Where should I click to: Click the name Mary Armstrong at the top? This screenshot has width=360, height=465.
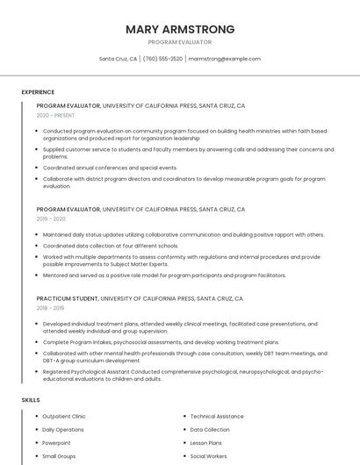[x=180, y=29]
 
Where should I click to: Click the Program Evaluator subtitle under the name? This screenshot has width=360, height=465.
[x=180, y=42]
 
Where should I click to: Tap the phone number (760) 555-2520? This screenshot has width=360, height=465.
[x=162, y=59]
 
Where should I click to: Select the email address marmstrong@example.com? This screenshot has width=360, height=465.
[x=224, y=59]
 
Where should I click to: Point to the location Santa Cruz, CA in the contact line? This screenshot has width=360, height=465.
[x=118, y=59]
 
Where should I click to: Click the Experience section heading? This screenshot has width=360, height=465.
[x=38, y=92]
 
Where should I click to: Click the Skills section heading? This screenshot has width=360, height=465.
[x=31, y=400]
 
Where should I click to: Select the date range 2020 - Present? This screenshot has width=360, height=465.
[x=56, y=115]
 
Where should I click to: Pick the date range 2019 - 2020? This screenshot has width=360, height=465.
[x=52, y=219]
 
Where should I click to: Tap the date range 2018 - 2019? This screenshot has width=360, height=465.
[x=52, y=308]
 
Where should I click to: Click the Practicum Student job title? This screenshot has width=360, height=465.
[x=68, y=298]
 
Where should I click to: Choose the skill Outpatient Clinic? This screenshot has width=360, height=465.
[x=64, y=417]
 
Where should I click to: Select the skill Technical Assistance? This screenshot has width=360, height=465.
[x=217, y=417]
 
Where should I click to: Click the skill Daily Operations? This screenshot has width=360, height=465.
[x=63, y=430]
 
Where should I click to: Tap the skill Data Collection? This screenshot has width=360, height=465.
[x=210, y=430]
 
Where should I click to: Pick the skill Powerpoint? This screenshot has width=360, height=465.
[x=56, y=443]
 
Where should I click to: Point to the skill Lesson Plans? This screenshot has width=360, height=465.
[x=207, y=443]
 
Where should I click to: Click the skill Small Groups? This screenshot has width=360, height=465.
[x=59, y=456]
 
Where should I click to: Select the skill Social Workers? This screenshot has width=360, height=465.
[x=208, y=456]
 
